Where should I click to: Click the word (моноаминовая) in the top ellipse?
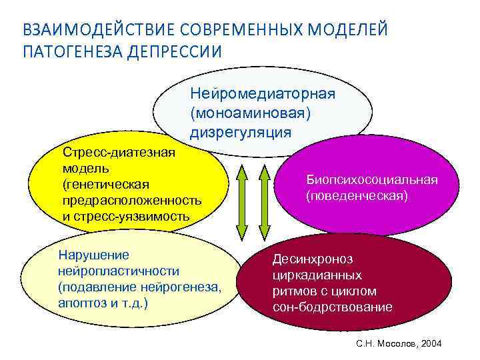(250, 112)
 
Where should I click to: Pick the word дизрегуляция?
(240, 131)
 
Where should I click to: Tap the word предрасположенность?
(131, 200)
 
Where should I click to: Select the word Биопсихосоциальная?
(371, 180)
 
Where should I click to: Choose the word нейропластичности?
(119, 271)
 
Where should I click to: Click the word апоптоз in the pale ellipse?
(81, 303)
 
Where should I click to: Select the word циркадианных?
(317, 275)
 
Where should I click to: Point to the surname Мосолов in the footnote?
(398, 343)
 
